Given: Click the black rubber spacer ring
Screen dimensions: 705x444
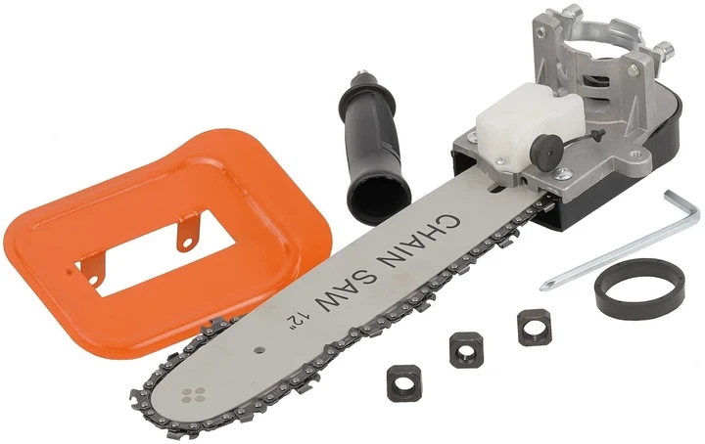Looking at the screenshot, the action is point(640,289).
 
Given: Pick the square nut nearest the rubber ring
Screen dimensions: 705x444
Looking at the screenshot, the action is point(535,327).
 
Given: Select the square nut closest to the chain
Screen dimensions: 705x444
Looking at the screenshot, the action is point(403,382).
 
